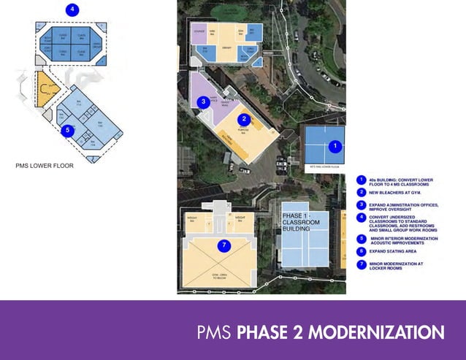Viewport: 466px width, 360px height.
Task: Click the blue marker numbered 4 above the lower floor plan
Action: (x=72, y=9)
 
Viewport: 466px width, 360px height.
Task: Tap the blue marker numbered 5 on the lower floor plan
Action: (x=67, y=131)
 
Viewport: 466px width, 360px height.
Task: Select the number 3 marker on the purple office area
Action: (x=204, y=102)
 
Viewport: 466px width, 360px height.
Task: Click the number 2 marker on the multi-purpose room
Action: (x=245, y=119)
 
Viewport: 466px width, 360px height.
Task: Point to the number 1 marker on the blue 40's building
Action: (x=335, y=146)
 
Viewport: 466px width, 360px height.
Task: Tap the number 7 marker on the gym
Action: (x=224, y=245)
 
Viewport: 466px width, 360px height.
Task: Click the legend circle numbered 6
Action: (x=362, y=250)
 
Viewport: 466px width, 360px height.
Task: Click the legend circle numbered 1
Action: (x=362, y=180)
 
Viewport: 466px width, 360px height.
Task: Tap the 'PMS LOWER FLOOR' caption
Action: (x=45, y=166)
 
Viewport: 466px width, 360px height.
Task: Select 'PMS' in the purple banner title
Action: (x=214, y=333)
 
